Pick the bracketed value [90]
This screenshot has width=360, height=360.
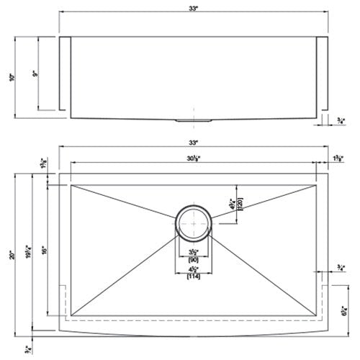click(193, 260)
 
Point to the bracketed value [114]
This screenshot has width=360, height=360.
click(193, 276)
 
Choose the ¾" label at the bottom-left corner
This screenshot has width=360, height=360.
click(27, 349)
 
